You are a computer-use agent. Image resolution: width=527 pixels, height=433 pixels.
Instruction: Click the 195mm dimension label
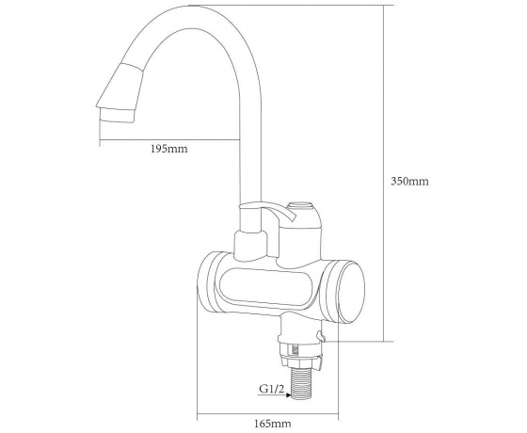pyautogui.click(x=168, y=149)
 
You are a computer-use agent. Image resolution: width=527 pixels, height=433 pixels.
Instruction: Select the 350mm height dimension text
pyautogui.click(x=409, y=181)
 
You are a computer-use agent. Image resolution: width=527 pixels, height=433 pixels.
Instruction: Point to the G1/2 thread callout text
pyautogui.click(x=272, y=389)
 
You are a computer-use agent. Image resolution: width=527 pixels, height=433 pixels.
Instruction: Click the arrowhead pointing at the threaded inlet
pyautogui.click(x=288, y=395)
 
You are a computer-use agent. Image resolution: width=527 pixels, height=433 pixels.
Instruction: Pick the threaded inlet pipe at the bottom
pyautogui.click(x=304, y=384)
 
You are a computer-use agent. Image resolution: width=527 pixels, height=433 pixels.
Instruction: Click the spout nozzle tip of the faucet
pyautogui.click(x=118, y=116)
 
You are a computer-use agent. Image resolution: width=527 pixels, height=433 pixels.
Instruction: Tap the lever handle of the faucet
pyautogui.click(x=269, y=211)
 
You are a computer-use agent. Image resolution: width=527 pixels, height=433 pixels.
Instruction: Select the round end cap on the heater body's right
pyautogui.click(x=351, y=292)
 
